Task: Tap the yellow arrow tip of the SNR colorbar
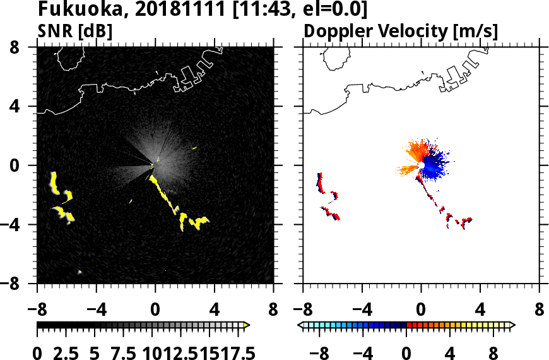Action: click(247, 325)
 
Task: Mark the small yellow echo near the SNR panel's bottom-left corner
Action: click(80, 272)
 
